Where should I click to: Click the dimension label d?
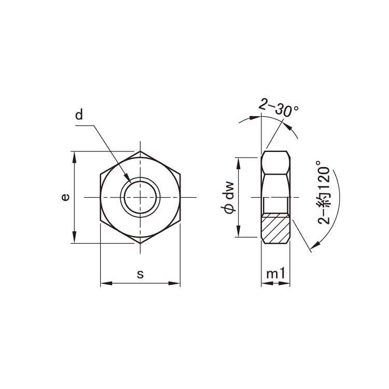click(x=79, y=115)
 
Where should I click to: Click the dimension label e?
click(x=65, y=197)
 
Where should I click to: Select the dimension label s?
click(x=141, y=274)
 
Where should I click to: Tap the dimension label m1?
click(x=275, y=274)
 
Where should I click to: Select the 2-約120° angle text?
click(x=324, y=192)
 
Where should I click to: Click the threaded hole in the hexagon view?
click(x=140, y=197)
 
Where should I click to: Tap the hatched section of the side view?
click(x=276, y=228)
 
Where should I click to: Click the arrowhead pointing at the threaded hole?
click(x=128, y=177)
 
